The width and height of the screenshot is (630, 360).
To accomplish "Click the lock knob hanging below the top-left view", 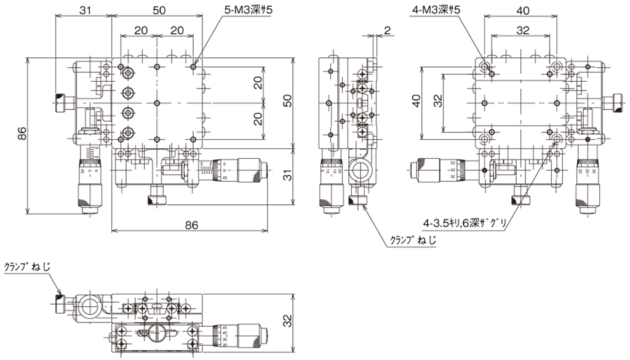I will pos(157,199).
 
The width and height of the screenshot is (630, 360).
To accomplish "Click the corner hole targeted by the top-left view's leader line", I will pos(194,65).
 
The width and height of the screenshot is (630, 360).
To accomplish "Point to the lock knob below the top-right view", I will pos(522,199).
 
